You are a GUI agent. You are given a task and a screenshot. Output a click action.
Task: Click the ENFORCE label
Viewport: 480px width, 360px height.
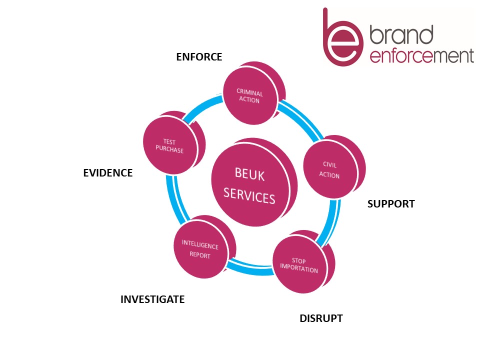click(x=199, y=57)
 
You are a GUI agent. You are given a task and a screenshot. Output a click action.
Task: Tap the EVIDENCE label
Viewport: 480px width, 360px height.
click(x=107, y=173)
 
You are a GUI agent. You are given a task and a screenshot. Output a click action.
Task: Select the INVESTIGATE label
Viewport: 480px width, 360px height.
click(x=152, y=299)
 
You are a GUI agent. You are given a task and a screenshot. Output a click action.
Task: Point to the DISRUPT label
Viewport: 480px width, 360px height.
click(x=321, y=318)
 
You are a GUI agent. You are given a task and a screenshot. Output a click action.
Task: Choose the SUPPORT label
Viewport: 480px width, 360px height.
click(x=391, y=204)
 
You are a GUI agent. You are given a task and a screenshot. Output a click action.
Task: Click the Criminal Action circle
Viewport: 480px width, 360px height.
click(x=249, y=95)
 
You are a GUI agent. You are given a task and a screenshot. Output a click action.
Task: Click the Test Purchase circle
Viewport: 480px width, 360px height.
click(x=169, y=145)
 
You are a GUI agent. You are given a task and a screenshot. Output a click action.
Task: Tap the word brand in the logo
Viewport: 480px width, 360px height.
click(x=401, y=36)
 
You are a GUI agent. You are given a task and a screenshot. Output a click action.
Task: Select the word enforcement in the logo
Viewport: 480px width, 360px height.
click(x=421, y=56)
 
